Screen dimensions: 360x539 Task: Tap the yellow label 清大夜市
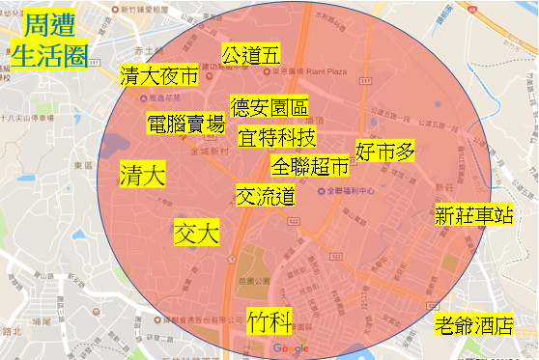pyautogui.click(x=158, y=76)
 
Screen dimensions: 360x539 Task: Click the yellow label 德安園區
pyautogui.click(x=268, y=106)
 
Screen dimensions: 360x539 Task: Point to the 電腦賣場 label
pyautogui.click(x=185, y=124)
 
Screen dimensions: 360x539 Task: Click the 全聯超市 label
pyautogui.click(x=310, y=166)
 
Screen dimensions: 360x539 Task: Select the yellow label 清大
pyautogui.click(x=143, y=175)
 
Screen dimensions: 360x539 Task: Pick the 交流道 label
pyautogui.click(x=265, y=195)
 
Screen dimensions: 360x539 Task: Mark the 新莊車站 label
pyautogui.click(x=473, y=214)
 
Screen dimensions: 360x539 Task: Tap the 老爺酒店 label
pyautogui.click(x=473, y=325)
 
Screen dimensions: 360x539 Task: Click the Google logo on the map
pyautogui.click(x=290, y=348)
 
